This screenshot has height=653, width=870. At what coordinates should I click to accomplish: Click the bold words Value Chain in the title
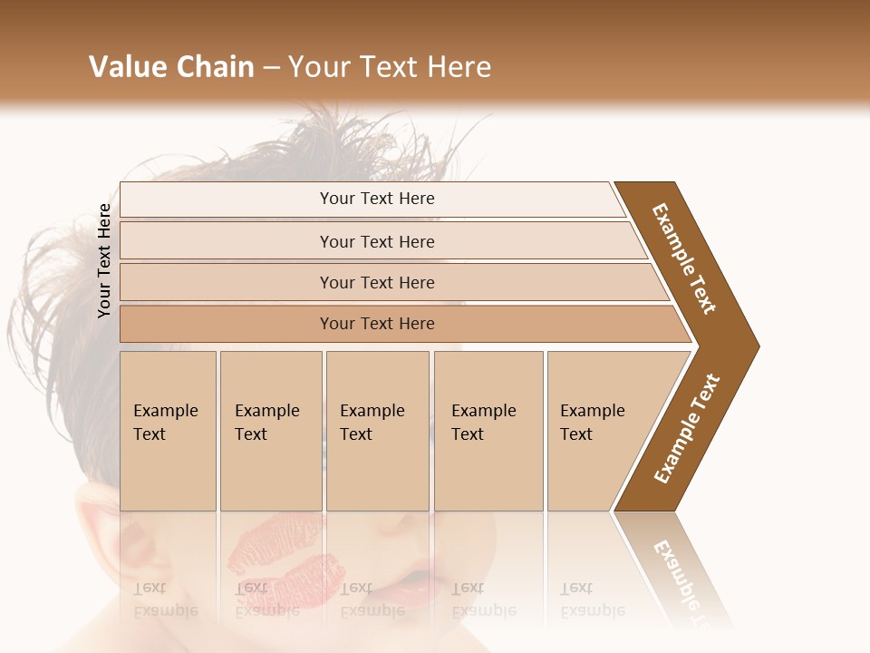click(x=171, y=67)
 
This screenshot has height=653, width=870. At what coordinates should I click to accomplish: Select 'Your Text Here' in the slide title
click(x=390, y=67)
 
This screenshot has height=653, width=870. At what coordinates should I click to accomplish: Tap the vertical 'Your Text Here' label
click(x=104, y=260)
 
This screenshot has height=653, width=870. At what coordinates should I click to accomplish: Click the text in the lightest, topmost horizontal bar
click(x=377, y=199)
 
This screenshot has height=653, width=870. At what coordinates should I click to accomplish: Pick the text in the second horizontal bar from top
click(x=377, y=242)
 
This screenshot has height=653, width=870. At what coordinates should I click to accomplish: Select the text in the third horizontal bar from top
click(x=377, y=283)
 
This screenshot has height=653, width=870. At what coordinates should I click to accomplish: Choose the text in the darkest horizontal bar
click(x=377, y=324)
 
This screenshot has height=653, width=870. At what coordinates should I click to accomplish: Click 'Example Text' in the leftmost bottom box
click(x=165, y=423)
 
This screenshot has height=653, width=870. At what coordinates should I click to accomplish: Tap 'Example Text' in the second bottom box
click(x=266, y=423)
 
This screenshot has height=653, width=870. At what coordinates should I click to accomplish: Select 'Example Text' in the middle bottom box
click(x=372, y=423)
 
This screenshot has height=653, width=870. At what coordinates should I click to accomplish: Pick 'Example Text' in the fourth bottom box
click(x=483, y=423)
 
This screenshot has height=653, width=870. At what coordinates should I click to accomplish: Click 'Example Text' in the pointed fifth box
click(x=592, y=423)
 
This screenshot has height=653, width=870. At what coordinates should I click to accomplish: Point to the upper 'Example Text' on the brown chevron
click(x=684, y=258)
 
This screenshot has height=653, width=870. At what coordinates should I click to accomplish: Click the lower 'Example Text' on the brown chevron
click(x=687, y=429)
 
